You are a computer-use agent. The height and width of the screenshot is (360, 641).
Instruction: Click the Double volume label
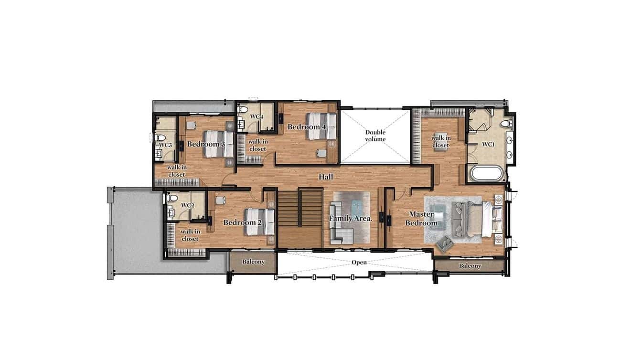(375, 136)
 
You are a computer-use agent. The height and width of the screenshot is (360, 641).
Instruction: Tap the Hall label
(326, 177)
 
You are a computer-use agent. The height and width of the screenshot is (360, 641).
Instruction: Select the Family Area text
(350, 219)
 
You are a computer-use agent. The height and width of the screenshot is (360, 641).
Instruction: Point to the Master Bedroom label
(421, 219)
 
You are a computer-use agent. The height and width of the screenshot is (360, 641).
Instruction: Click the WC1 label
(487, 144)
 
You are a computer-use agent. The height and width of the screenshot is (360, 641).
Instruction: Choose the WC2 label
(188, 205)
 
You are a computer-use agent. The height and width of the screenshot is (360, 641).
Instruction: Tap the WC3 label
(165, 145)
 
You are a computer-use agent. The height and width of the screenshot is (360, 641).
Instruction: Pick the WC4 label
(256, 116)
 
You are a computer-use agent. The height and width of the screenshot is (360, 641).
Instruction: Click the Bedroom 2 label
(242, 222)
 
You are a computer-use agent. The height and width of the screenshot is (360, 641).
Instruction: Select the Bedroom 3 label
(206, 144)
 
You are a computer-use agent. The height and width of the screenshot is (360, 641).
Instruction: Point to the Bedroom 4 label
(307, 127)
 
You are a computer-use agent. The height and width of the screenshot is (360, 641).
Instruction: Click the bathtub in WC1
(487, 173)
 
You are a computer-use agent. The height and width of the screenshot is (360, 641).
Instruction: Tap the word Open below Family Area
(359, 262)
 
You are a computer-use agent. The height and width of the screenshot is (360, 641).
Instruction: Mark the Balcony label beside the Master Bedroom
(470, 266)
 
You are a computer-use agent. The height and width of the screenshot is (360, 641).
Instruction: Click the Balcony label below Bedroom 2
(253, 262)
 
